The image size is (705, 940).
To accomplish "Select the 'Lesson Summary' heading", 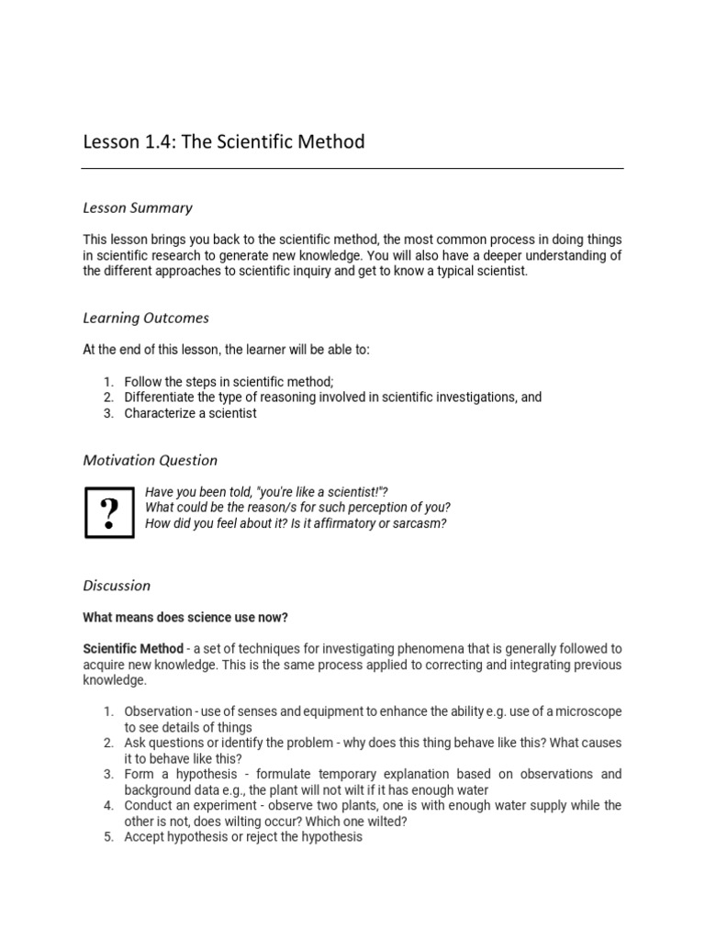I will [138, 208].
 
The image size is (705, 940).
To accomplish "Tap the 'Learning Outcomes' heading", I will [146, 318].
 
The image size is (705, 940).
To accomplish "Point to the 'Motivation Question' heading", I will [151, 460].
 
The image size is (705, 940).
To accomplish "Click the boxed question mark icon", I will [109, 512].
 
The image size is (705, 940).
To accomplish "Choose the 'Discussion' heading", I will [117, 585].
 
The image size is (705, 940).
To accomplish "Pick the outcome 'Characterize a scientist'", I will [190, 413].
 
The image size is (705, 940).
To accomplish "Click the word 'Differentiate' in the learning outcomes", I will [160, 397].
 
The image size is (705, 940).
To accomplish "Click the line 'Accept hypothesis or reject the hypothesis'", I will [243, 837].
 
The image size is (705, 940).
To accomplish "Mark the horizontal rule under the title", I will [352, 168].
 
